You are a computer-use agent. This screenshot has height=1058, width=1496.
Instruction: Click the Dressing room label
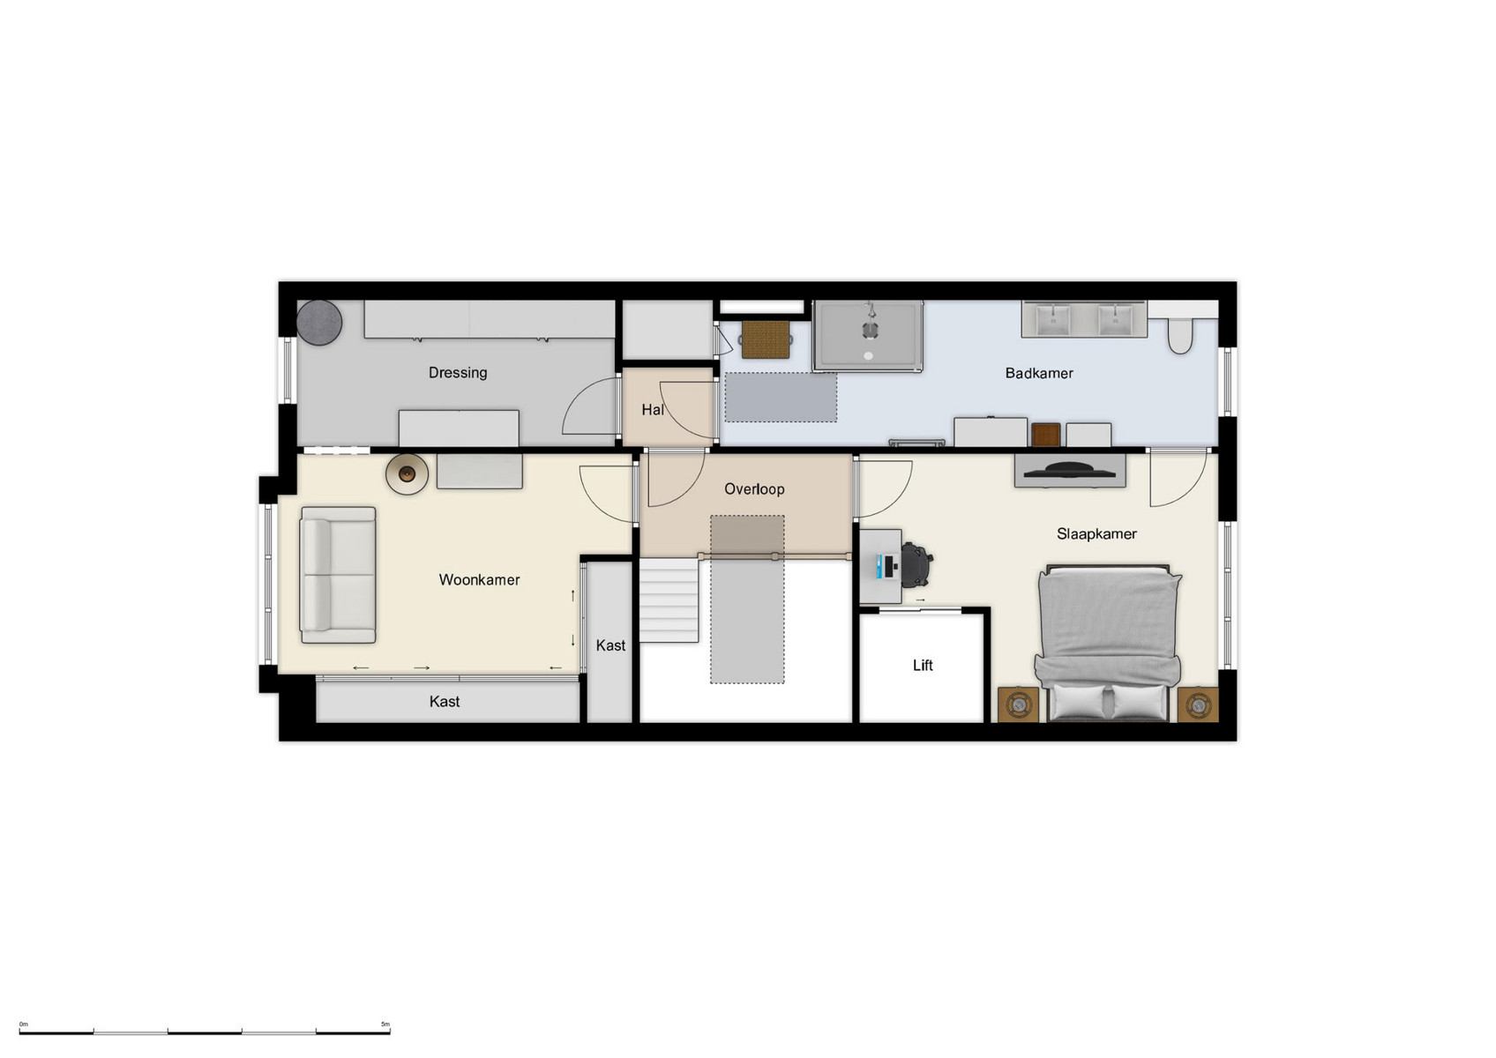tap(457, 373)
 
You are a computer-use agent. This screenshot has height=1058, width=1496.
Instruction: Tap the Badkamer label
tap(1038, 374)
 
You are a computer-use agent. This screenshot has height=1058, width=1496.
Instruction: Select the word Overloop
tap(753, 489)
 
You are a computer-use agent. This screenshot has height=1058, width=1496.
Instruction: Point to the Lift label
tap(922, 666)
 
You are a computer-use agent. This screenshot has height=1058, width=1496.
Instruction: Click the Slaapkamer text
tap(1096, 534)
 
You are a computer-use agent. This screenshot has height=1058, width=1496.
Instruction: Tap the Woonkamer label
tap(479, 580)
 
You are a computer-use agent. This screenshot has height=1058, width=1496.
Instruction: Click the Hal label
tap(652, 410)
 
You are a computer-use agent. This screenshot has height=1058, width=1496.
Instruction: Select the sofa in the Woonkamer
tap(338, 575)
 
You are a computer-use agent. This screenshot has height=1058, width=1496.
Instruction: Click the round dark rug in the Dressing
tap(318, 323)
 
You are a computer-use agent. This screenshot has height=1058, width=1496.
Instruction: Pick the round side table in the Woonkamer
tap(407, 474)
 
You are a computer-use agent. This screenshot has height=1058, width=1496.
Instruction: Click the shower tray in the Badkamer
tap(868, 336)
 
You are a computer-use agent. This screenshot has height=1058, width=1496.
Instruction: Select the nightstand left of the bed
tap(1018, 704)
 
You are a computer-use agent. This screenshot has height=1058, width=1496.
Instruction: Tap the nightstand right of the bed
tap(1197, 705)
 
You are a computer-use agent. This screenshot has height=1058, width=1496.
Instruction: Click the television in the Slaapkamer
tap(1069, 471)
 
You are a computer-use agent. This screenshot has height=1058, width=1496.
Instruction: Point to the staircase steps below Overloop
tap(669, 601)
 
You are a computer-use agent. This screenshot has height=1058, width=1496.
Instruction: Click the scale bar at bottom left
tap(205, 1031)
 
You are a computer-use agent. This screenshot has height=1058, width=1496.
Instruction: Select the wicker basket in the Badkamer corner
tap(765, 339)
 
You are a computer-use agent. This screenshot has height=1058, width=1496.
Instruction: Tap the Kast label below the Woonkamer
tap(444, 702)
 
